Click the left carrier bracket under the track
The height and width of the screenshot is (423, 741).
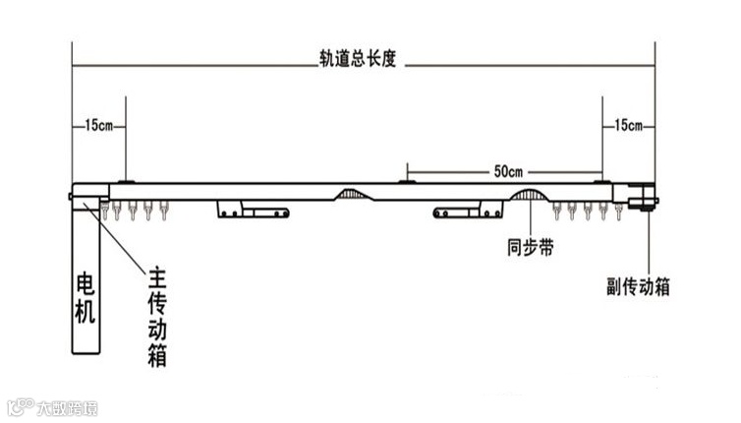coord(254,210)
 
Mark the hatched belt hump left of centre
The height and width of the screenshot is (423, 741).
coord(355,195)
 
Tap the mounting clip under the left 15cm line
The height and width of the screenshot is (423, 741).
coord(126,182)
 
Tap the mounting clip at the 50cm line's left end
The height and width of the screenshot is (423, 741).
coord(407,182)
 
